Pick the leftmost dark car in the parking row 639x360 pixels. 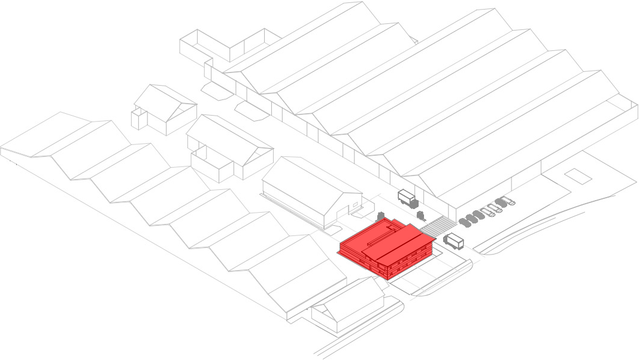[464, 222]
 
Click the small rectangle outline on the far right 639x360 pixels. [577, 175]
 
